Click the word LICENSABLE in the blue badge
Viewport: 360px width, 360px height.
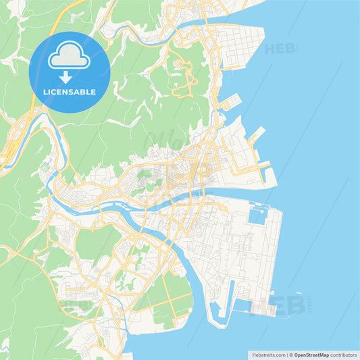pos(70,91)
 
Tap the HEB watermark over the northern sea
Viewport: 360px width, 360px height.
pos(280,49)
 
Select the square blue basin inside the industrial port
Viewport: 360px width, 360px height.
pos(258,216)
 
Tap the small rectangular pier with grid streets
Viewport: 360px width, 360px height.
pos(230,102)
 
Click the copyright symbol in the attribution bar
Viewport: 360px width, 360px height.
pos(290,354)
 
